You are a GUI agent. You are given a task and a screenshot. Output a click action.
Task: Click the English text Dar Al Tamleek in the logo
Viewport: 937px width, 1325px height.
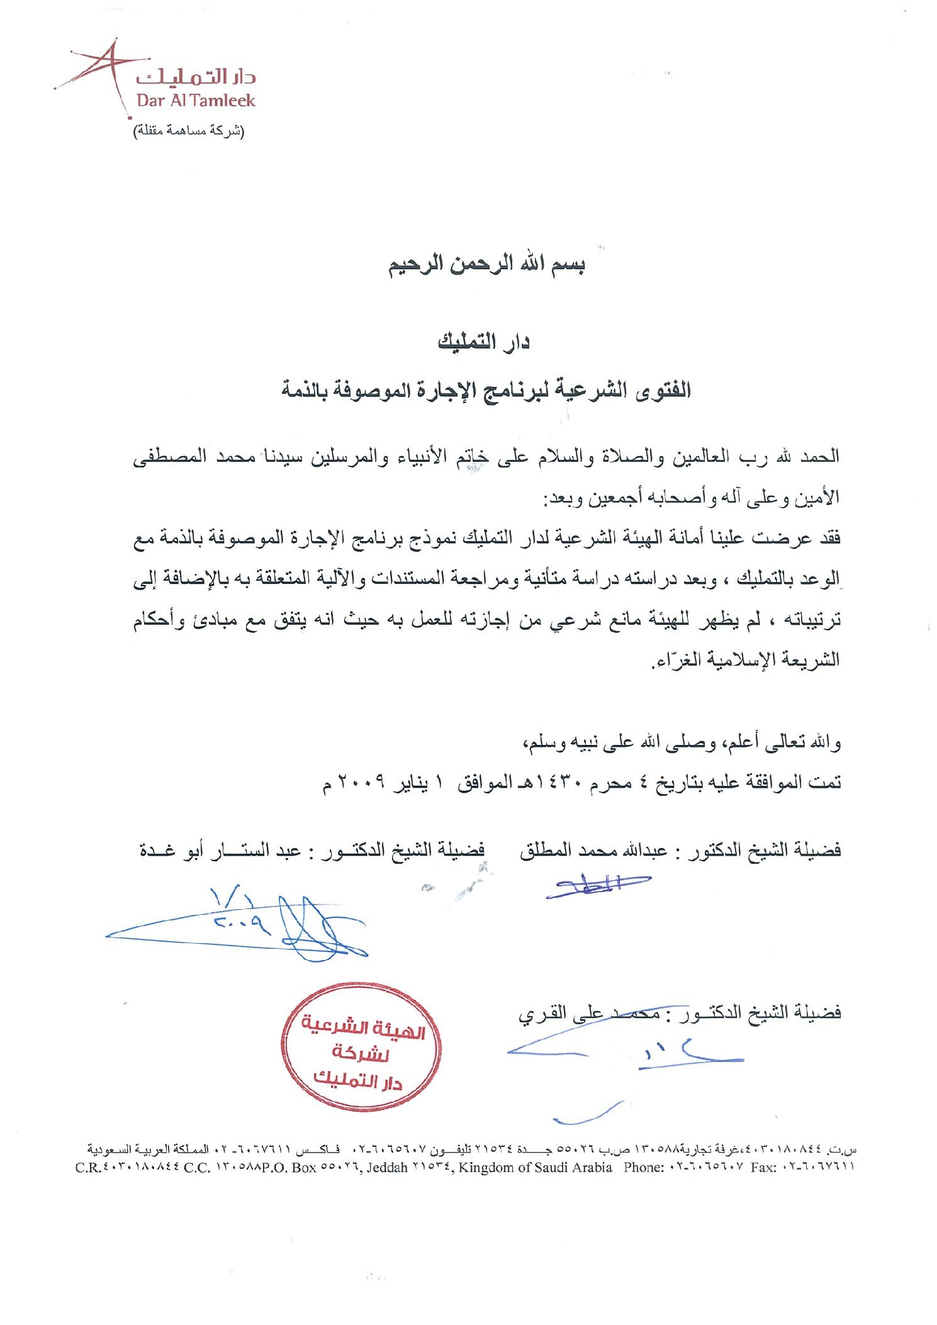coord(196,101)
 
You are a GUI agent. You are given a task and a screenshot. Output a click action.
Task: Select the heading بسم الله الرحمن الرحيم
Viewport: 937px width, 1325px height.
coord(486,264)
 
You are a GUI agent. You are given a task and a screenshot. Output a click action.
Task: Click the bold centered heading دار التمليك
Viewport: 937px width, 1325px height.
coord(483,342)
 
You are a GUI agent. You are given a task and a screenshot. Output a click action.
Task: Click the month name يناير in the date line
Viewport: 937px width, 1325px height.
coord(410,783)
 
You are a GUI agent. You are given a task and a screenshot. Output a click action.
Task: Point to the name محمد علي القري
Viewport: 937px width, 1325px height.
coord(589,1015)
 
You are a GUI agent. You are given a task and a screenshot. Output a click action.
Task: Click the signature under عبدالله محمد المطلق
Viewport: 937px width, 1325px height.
coord(596,885)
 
